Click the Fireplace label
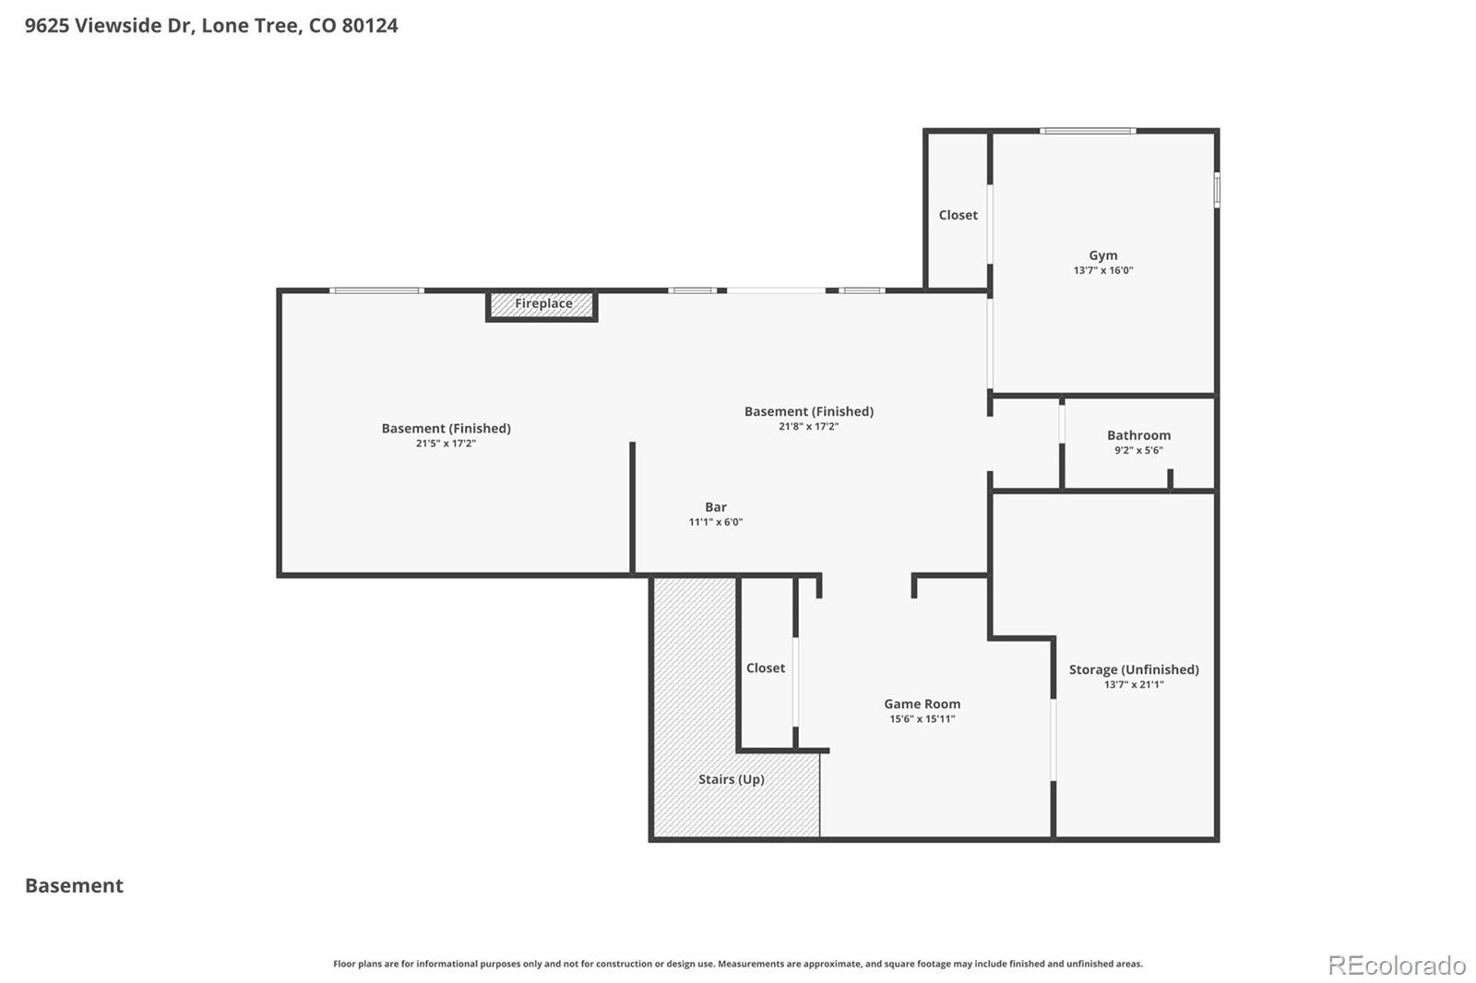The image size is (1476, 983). [x=543, y=303]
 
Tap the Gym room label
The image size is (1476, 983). [x=1102, y=255]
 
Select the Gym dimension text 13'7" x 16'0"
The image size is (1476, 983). [x=1102, y=271]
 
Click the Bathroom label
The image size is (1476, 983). [x=1138, y=435]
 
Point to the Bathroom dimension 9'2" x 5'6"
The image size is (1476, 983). [x=1138, y=451]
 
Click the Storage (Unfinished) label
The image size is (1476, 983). [x=1134, y=669]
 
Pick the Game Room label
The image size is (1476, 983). [x=922, y=704]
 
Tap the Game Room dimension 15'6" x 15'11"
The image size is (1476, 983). [x=922, y=719]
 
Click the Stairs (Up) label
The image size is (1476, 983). [x=731, y=779]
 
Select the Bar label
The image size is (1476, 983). [x=715, y=507]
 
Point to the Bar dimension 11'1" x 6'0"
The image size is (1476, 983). [x=715, y=522]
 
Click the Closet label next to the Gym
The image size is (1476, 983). [x=958, y=215]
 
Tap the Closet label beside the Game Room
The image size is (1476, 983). [x=765, y=668]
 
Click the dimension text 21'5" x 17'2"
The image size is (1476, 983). [x=446, y=444]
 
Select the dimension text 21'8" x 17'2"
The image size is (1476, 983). [x=808, y=427]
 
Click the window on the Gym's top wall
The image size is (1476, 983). [x=1088, y=131]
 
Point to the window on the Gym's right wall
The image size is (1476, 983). [x=1217, y=190]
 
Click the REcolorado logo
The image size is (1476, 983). [x=1396, y=965]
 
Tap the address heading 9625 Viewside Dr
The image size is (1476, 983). [x=211, y=26]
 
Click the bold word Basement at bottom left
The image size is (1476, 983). [x=74, y=885]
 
